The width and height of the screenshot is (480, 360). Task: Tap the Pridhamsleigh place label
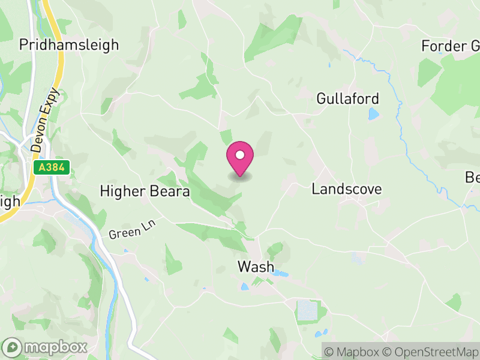tap(69, 44)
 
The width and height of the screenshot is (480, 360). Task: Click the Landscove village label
tap(347, 189)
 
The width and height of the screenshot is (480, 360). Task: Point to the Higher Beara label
tap(145, 191)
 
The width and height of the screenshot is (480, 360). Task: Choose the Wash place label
tap(256, 266)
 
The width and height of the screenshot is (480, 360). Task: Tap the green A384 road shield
tap(52, 168)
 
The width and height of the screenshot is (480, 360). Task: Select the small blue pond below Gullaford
tap(374, 114)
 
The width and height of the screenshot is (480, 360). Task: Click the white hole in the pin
tap(240, 155)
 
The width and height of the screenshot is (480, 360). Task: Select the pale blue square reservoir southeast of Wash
tap(307, 310)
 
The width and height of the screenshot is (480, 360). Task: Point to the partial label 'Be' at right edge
tap(472, 178)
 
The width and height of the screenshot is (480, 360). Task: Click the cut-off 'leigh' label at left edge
tap(10, 202)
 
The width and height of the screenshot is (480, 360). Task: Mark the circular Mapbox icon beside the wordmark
tap(13, 347)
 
